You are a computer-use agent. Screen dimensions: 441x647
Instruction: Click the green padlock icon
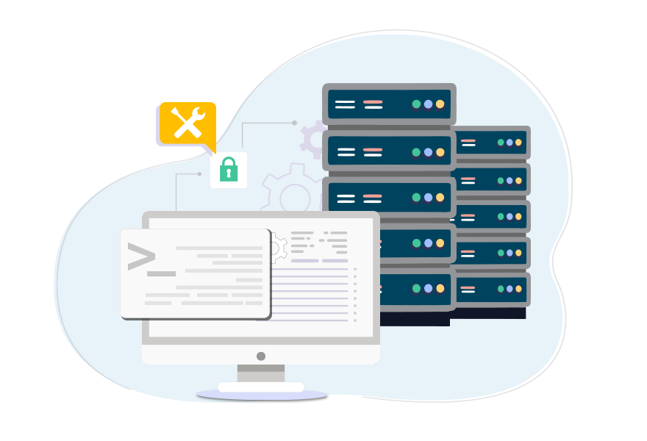pyautogui.click(x=229, y=170)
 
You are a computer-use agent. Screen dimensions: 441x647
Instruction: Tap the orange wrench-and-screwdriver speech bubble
pyautogui.click(x=187, y=123)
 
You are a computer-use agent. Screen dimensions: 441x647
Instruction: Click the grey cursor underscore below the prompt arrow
pyautogui.click(x=162, y=273)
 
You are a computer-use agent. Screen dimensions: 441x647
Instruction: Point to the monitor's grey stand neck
pyautogui.click(x=260, y=373)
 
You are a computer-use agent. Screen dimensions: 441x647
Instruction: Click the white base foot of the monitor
pyautogui.click(x=261, y=387)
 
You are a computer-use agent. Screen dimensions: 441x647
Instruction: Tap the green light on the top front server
pyautogui.click(x=416, y=104)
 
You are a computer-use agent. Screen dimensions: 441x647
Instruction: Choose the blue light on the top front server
pyautogui.click(x=428, y=104)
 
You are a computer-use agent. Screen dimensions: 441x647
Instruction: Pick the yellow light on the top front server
pyautogui.click(x=440, y=104)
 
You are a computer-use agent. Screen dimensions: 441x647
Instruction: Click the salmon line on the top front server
pyautogui.click(x=373, y=101)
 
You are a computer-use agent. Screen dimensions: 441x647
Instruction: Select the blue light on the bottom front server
pyautogui.click(x=428, y=289)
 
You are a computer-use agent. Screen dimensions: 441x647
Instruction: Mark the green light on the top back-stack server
pyautogui.click(x=501, y=143)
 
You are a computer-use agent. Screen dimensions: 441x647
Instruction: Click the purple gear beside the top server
pyautogui.click(x=312, y=137)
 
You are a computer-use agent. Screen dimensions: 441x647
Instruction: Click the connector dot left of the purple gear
pyautogui.click(x=294, y=123)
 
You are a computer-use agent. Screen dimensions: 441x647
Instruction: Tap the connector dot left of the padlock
pyautogui.click(x=199, y=174)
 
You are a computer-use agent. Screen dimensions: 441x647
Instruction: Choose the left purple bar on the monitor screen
pyautogui.click(x=305, y=261)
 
